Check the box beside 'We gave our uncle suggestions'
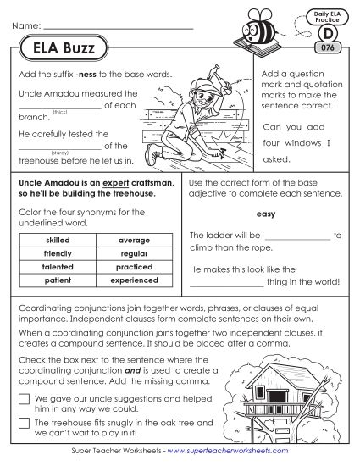(x=23, y=398)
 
